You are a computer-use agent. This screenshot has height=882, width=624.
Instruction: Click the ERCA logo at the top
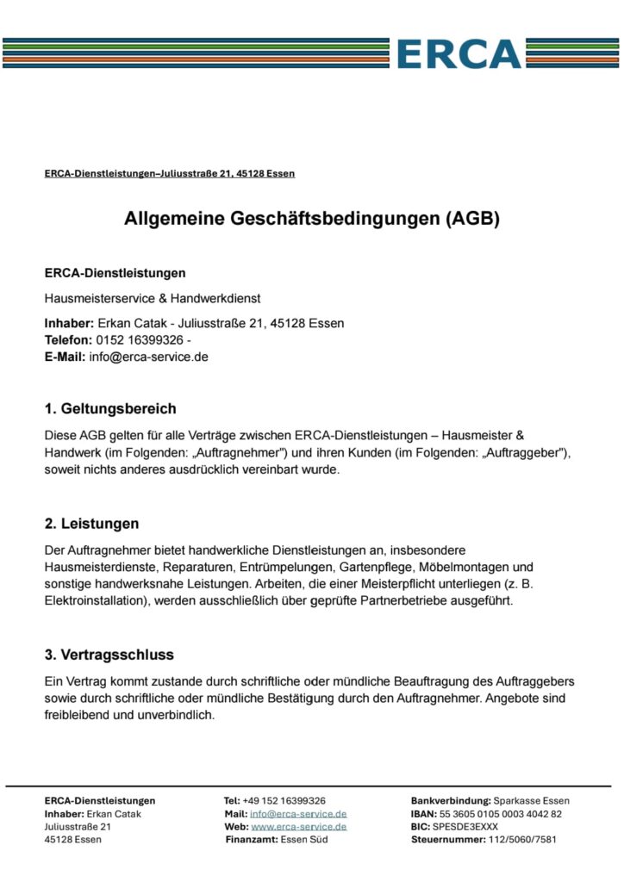tap(459, 53)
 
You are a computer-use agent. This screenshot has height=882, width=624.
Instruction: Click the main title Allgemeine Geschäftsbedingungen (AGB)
tap(311, 219)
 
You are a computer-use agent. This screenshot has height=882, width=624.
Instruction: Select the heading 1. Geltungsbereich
tap(110, 407)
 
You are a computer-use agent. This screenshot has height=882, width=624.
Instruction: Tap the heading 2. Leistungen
tap(91, 523)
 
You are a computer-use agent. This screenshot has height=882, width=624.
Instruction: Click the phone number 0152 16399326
tap(133, 339)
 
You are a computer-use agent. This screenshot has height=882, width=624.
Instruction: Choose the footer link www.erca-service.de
tap(298, 826)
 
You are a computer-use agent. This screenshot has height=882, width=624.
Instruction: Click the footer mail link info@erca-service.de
tap(297, 813)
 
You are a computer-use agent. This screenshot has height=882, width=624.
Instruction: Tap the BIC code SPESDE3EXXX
tap(465, 826)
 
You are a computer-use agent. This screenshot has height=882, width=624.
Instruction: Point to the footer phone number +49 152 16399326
tap(284, 800)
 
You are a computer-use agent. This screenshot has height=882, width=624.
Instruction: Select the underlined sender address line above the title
tap(170, 173)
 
